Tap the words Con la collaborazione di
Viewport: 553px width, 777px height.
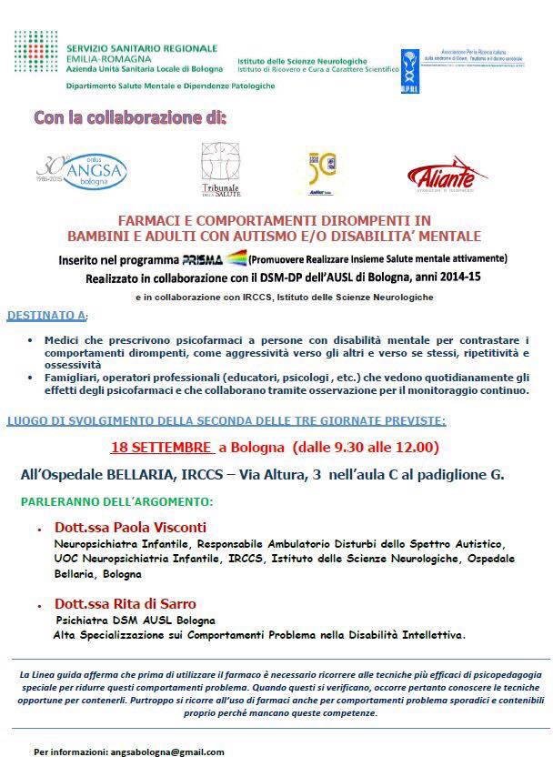click(129, 117)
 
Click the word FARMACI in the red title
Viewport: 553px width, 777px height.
click(151, 221)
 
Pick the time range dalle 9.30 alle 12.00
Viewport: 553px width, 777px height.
click(358, 447)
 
